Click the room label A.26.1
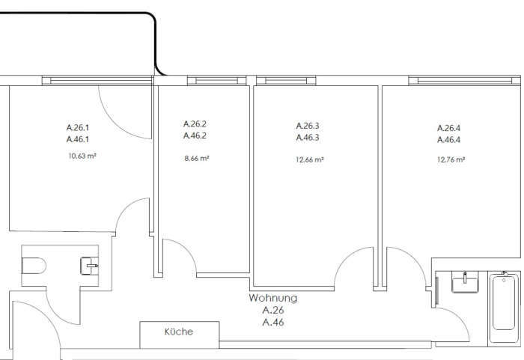[x=78, y=127]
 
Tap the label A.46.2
[x=195, y=135]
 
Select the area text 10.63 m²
[x=82, y=156]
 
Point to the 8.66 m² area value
[x=196, y=158]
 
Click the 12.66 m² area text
[x=309, y=159]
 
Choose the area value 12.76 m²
[x=451, y=159]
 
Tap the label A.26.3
[x=308, y=126]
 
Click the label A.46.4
[x=448, y=140]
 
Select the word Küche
[x=179, y=332]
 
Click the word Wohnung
[x=273, y=297]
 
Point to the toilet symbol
[x=34, y=266]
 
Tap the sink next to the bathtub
[x=465, y=281]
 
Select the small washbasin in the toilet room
[x=90, y=266]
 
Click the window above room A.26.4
[x=465, y=81]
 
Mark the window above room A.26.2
[x=216, y=81]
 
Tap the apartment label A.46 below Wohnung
[x=273, y=323]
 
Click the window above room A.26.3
[x=286, y=81]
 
